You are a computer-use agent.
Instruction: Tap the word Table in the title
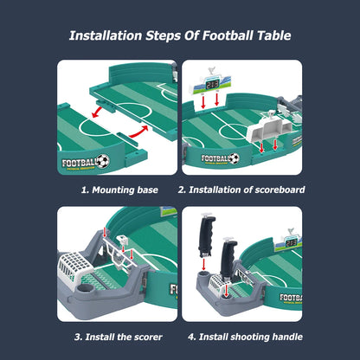(x=269, y=36)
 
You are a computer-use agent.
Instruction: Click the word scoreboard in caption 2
(x=275, y=189)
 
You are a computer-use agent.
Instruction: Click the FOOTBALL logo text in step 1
(x=78, y=160)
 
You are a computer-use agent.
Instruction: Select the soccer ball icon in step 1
(x=103, y=160)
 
